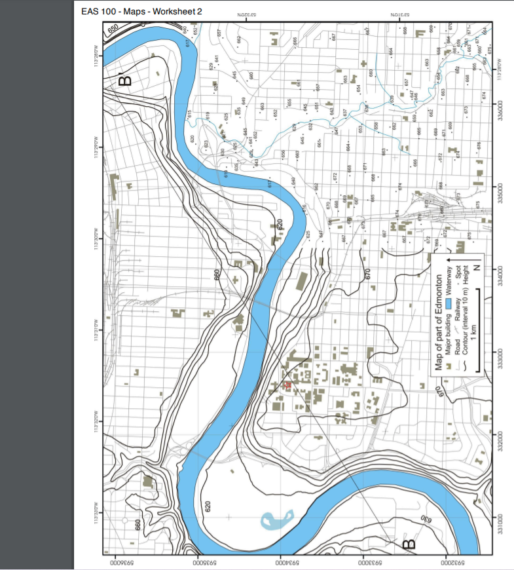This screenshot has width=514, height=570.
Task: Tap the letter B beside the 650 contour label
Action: tap(124, 80)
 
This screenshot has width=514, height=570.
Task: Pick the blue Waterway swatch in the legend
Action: tap(449, 303)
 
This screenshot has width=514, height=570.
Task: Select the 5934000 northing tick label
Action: tap(281, 560)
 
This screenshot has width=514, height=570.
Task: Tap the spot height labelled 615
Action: tap(189, 113)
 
